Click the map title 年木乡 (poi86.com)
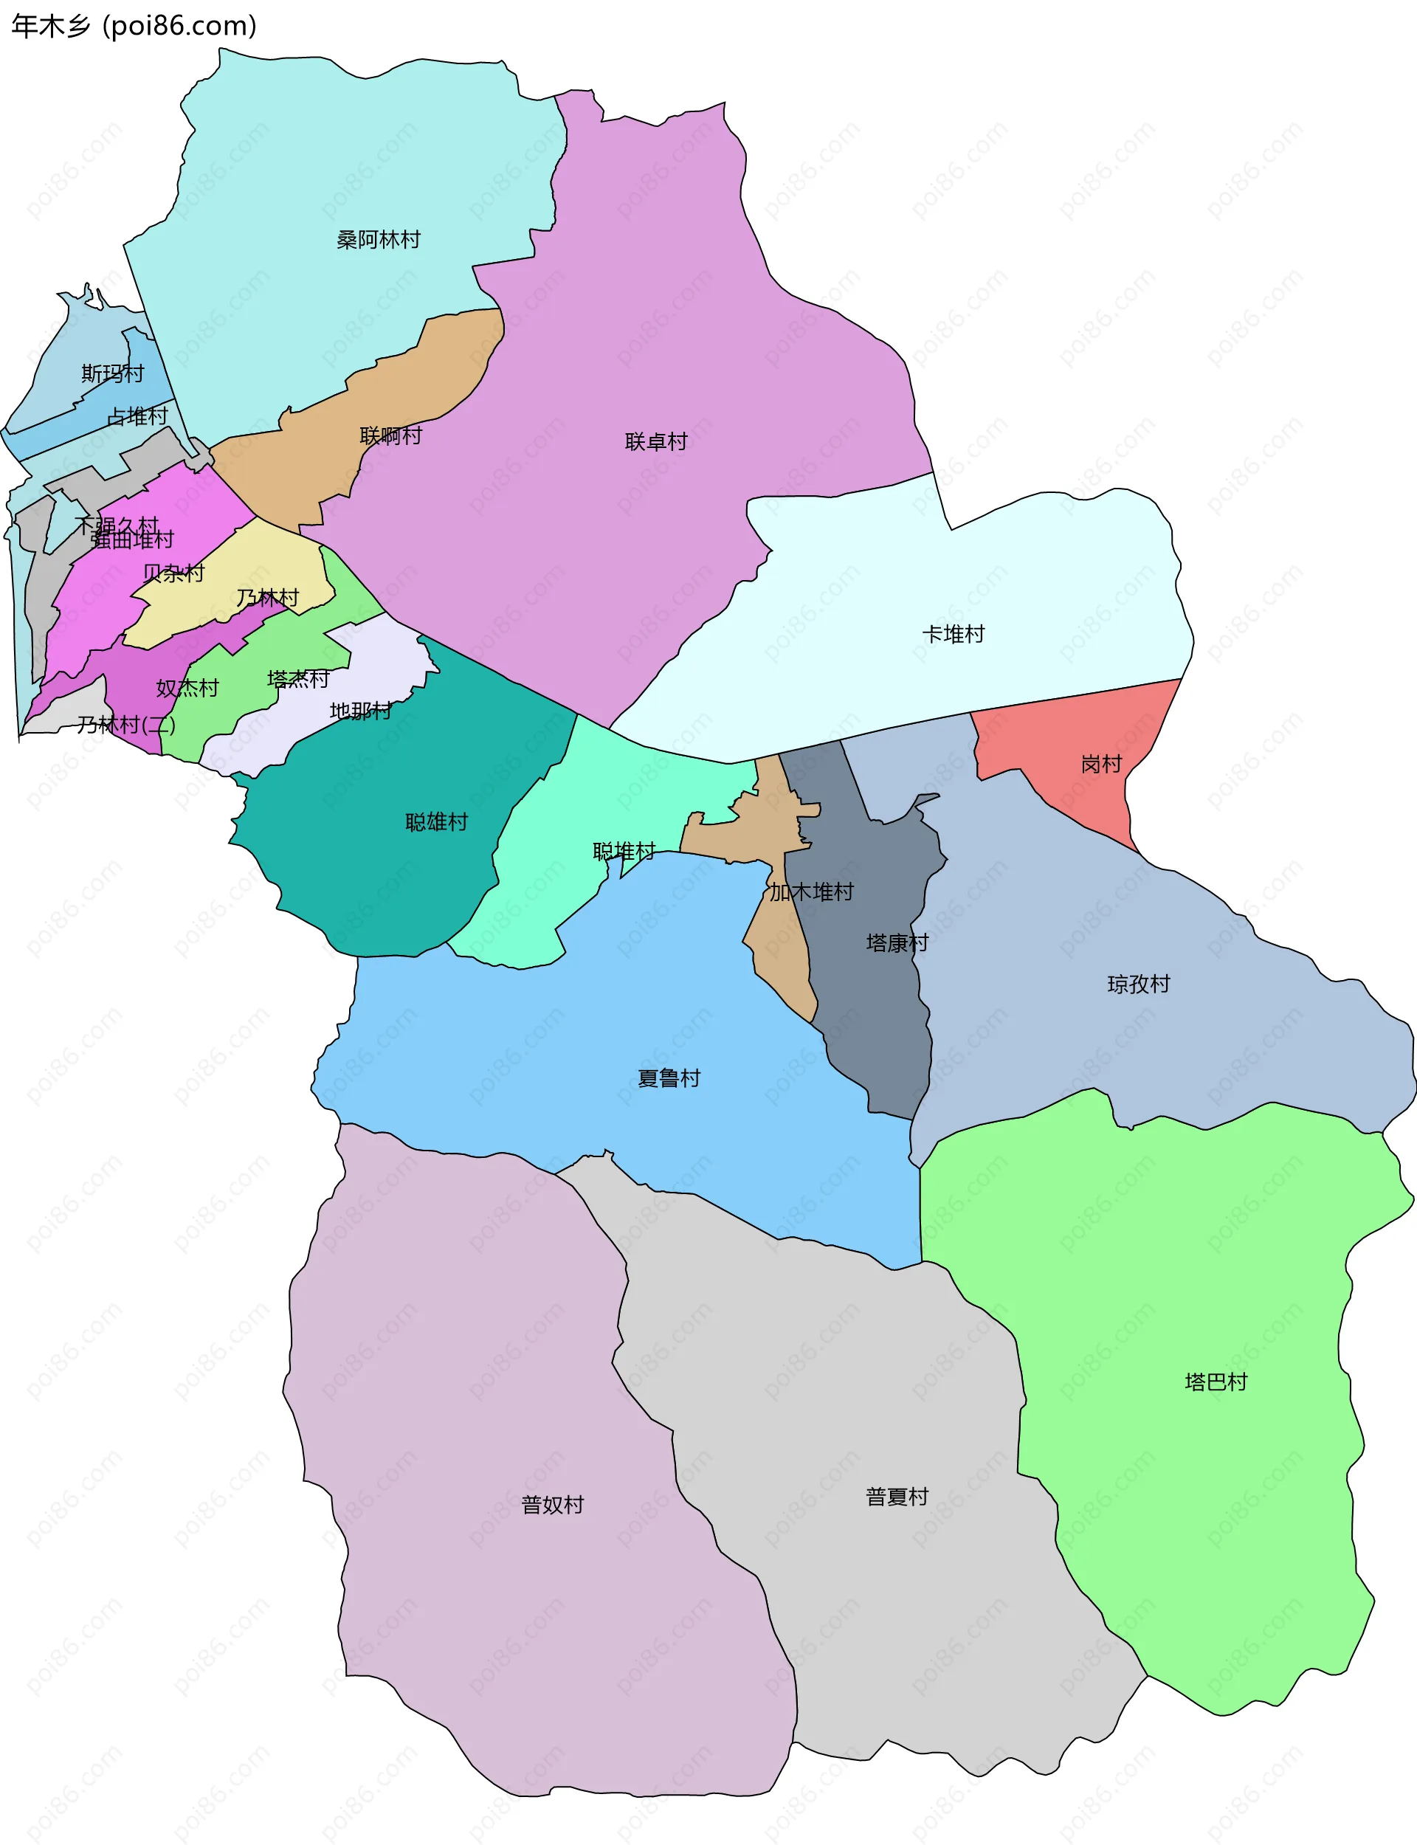[134, 26]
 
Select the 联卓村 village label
[655, 441]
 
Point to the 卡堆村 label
[953, 634]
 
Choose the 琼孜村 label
[1138, 984]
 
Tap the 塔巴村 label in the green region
[1216, 1382]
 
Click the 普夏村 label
[897, 1496]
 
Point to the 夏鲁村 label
[668, 1077]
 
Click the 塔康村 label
[897, 942]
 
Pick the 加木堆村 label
[810, 892]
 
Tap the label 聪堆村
[624, 851]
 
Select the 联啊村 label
[390, 435]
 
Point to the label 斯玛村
[112, 373]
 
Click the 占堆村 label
[137, 415]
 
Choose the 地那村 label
[360, 711]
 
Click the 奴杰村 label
[187, 688]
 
